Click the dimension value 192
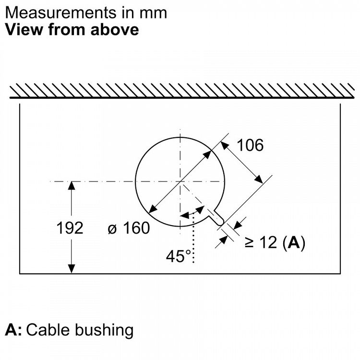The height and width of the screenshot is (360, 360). coord(70,228)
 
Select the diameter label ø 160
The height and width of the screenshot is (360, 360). coord(129,228)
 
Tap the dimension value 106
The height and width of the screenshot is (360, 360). coord(250,145)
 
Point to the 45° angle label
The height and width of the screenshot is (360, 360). coord(178,256)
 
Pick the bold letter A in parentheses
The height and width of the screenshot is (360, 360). coord(294,242)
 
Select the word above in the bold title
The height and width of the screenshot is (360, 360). coord(115,30)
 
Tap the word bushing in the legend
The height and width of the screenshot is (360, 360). coord(104,331)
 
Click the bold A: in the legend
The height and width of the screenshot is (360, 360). coord(13,330)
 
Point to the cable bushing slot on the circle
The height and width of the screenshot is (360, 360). coord(216,217)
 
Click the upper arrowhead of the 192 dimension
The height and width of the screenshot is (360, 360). coord(72,185)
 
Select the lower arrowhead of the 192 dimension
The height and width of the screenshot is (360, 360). coord(72,269)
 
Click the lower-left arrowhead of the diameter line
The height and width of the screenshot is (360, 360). coord(153,209)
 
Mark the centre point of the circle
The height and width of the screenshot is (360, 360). coord(180,181)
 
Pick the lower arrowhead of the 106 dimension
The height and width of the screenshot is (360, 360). coord(259,179)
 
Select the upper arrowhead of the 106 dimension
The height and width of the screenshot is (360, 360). coord(225,145)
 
